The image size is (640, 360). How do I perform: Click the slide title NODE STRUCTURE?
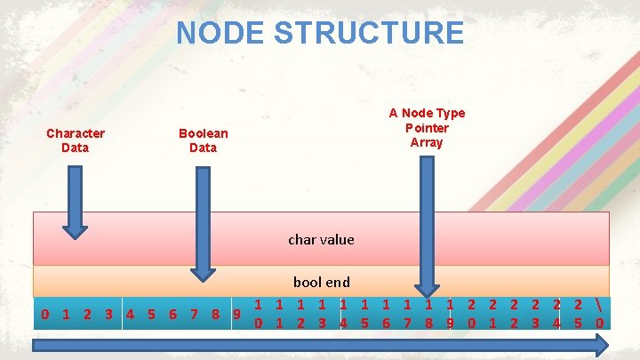(x=320, y=33)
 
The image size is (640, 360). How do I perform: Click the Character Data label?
(x=76, y=140)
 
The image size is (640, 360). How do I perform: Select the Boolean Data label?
(x=203, y=140)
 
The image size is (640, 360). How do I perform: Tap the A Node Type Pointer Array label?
(x=427, y=127)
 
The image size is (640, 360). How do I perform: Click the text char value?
(x=321, y=239)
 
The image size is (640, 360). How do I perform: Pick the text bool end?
(x=321, y=282)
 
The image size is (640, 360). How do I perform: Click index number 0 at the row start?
(x=44, y=314)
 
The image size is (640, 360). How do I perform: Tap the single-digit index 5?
(x=151, y=314)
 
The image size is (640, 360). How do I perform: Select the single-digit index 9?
(x=236, y=314)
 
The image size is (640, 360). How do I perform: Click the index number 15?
(x=365, y=313)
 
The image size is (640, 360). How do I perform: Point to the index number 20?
(x=471, y=313)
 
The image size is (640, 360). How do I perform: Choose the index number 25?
(x=578, y=313)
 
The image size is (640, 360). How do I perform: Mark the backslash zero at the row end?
(x=600, y=313)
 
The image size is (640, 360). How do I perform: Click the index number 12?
(x=300, y=313)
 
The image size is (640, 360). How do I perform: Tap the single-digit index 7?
(x=194, y=314)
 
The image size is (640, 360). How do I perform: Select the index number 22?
(x=514, y=313)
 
